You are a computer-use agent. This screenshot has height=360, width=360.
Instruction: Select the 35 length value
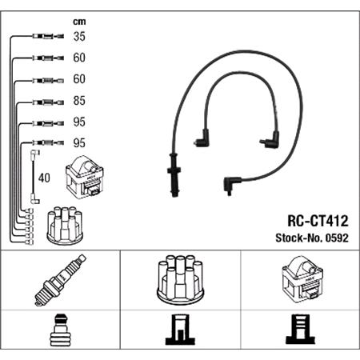tap(79, 36)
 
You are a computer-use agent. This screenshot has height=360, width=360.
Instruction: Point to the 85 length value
tap(79, 102)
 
